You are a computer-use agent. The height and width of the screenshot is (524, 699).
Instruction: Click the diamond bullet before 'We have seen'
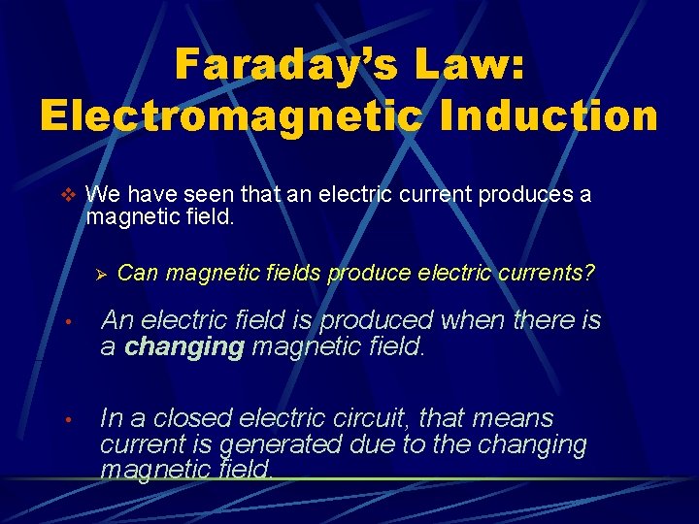tap(67, 194)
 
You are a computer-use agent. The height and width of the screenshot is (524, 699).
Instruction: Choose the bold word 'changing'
tap(184, 346)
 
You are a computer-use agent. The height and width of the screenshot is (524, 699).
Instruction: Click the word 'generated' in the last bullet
tap(281, 445)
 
